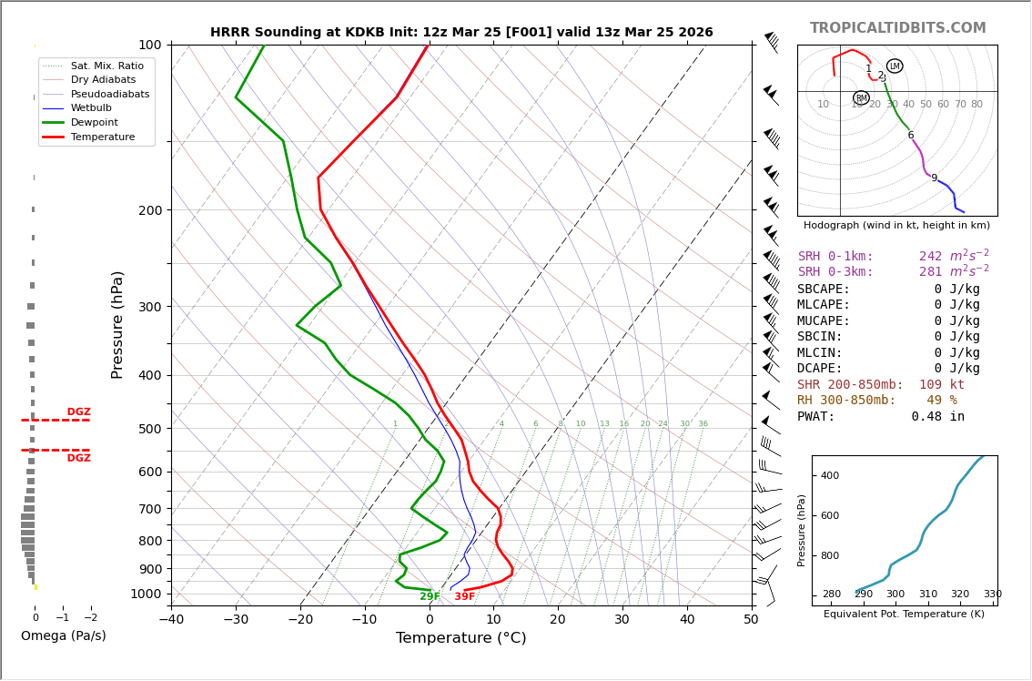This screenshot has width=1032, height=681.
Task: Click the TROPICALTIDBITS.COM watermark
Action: [897, 28]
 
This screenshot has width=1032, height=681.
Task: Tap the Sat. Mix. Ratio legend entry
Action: [106, 66]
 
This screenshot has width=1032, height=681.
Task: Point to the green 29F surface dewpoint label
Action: [430, 597]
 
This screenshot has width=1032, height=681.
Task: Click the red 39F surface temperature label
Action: [464, 597]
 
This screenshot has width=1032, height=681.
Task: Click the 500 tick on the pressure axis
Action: [149, 429]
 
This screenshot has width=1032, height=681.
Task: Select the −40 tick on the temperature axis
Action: [171, 621]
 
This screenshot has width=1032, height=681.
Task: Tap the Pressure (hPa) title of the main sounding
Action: [118, 324]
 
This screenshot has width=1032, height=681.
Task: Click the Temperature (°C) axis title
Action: [460, 638]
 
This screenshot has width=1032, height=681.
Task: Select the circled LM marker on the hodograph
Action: [895, 66]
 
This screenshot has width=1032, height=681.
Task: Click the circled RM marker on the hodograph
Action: [861, 98]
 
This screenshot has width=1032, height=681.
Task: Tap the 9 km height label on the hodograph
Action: [934, 178]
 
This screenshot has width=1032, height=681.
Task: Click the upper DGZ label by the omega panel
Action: [79, 412]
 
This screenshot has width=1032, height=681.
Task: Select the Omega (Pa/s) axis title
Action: [64, 636]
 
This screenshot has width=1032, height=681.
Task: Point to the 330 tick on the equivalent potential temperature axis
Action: [992, 595]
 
